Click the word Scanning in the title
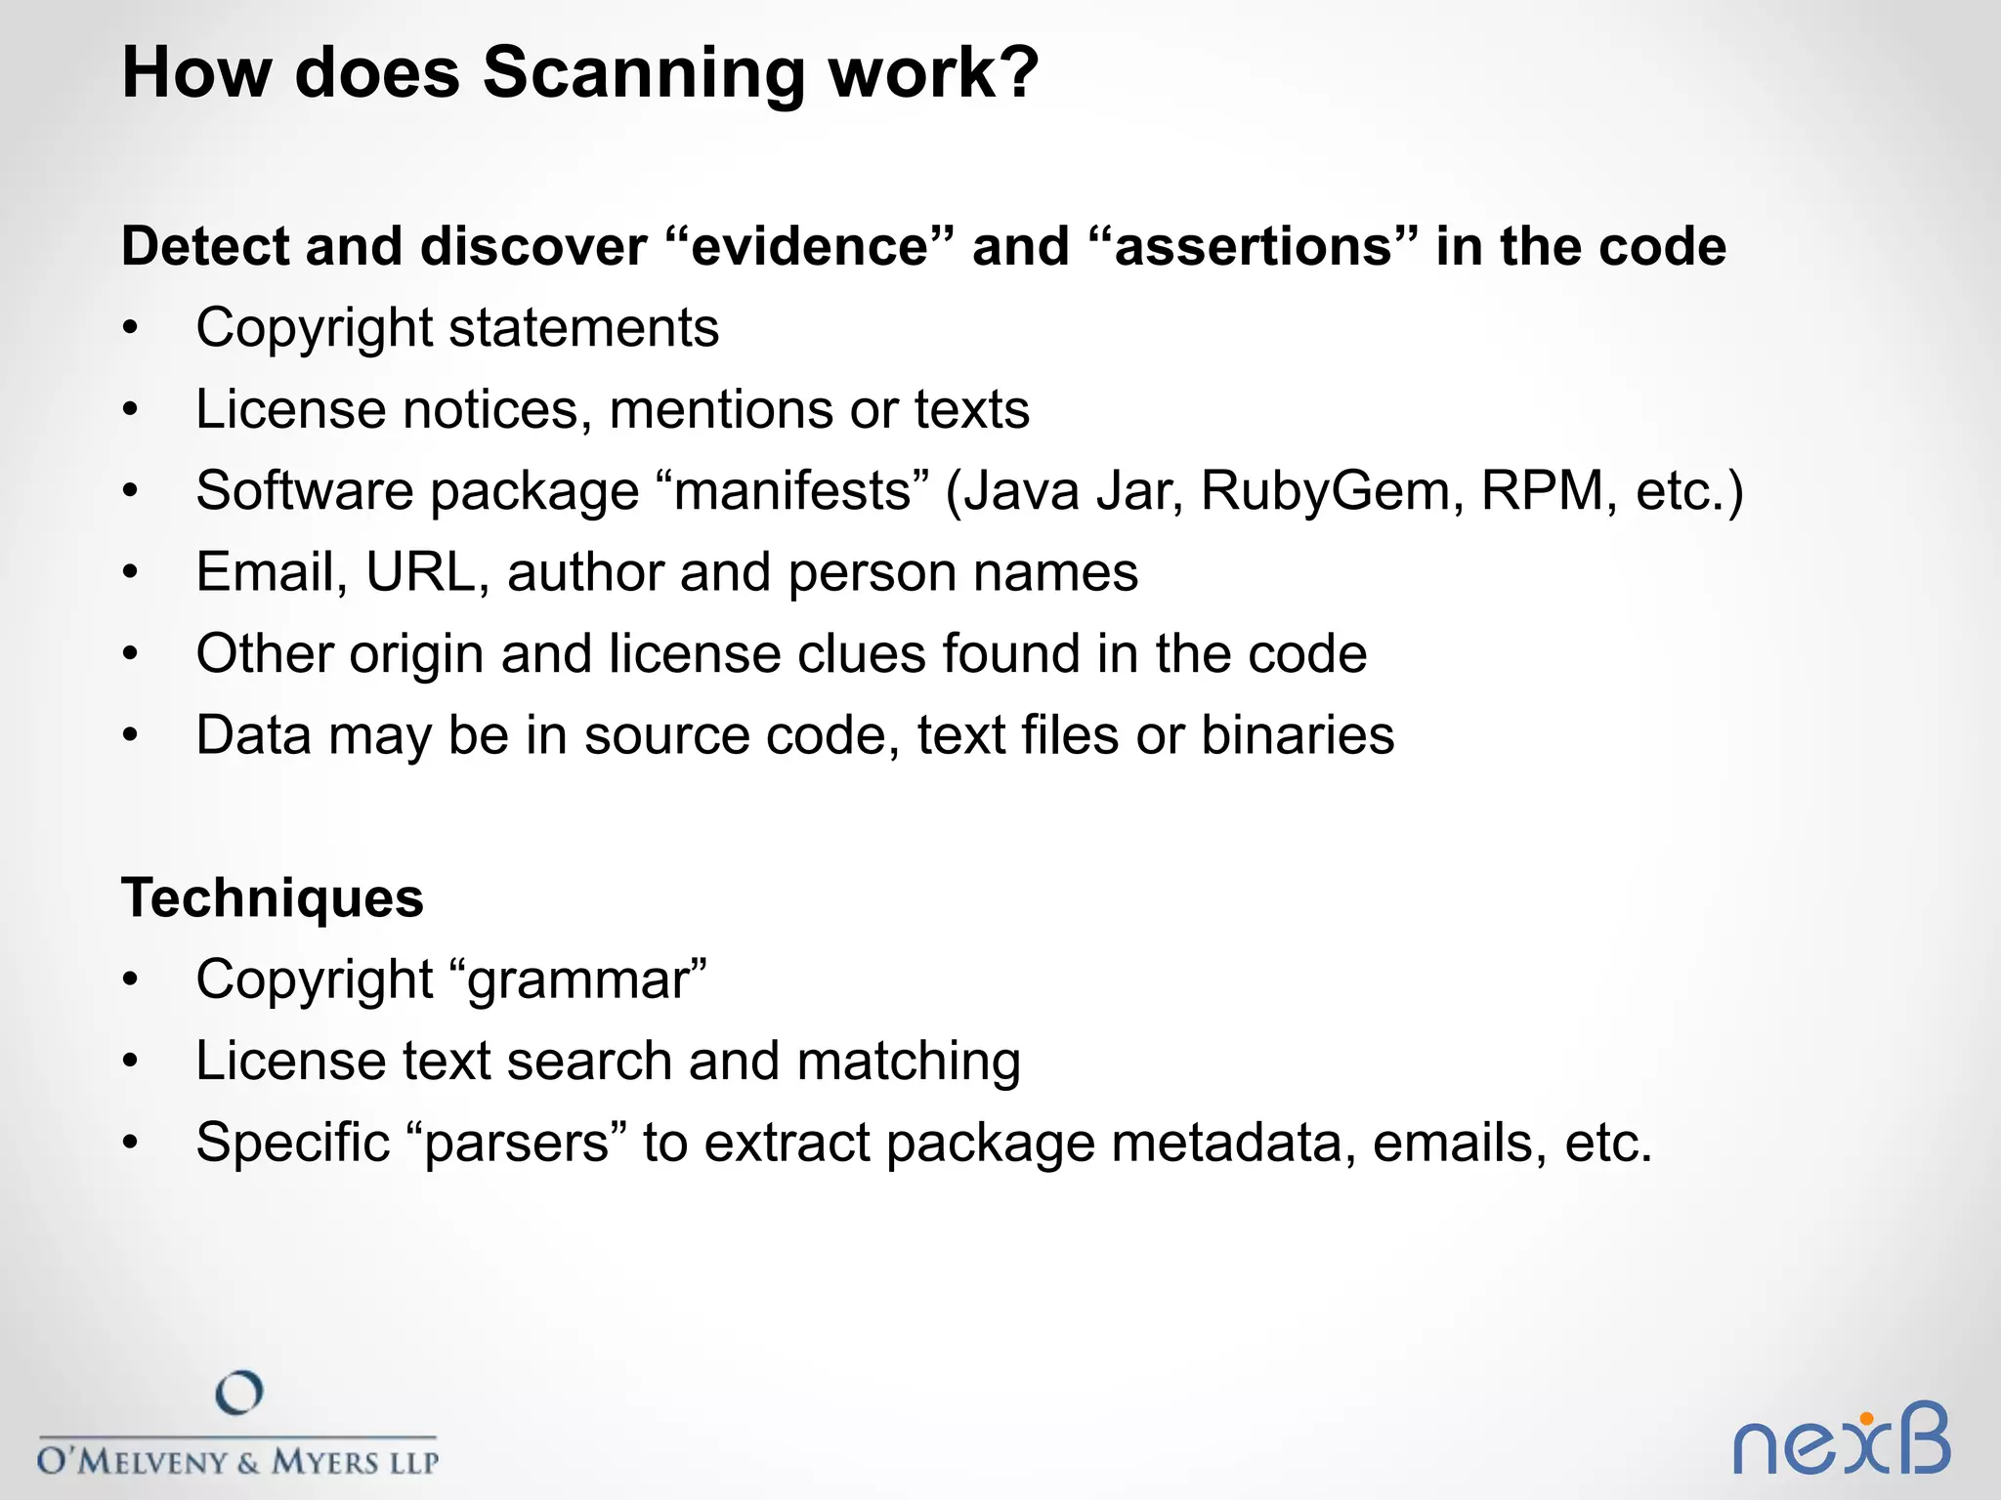(x=643, y=74)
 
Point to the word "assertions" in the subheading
(x=1253, y=246)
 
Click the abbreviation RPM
(x=1543, y=491)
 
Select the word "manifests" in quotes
(x=792, y=491)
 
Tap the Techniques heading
(x=273, y=898)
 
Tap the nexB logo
(x=1841, y=1440)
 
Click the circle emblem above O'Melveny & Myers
(x=239, y=1394)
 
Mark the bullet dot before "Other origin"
(x=131, y=654)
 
